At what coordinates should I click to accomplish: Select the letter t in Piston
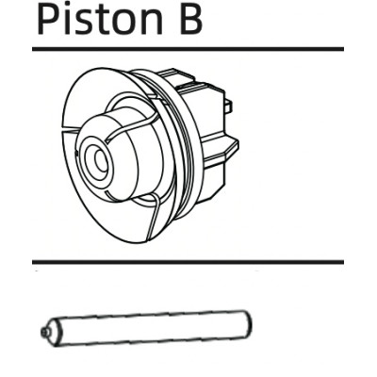[x=101, y=21]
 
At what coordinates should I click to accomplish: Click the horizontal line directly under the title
[x=188, y=49]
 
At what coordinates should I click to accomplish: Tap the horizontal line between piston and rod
[x=188, y=262]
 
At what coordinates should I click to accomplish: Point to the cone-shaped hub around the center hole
[x=125, y=154]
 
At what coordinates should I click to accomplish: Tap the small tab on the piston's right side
[x=229, y=106]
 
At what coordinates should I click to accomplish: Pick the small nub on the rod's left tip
[x=43, y=331]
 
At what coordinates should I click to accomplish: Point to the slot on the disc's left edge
[x=72, y=129]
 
